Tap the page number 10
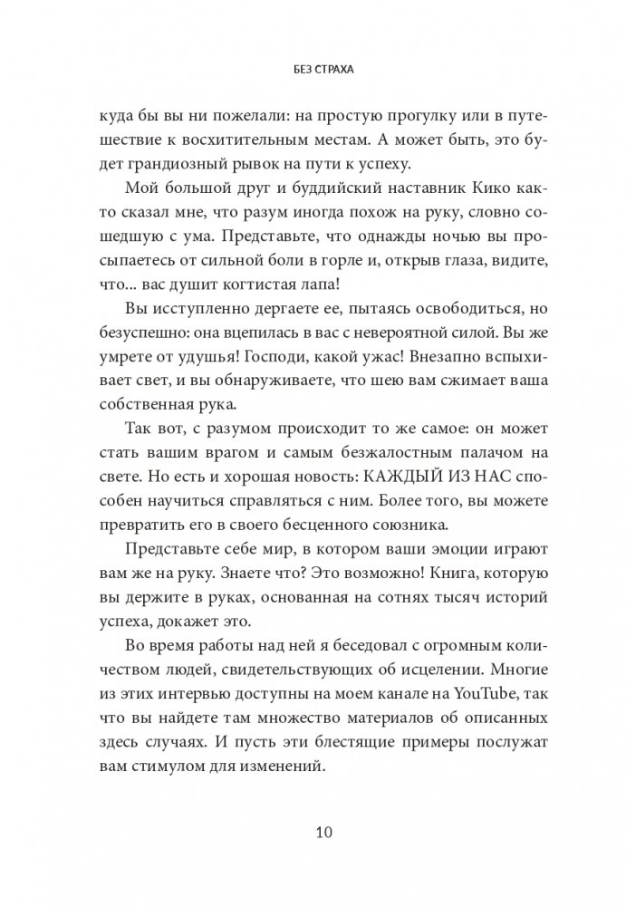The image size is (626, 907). tap(313, 831)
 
